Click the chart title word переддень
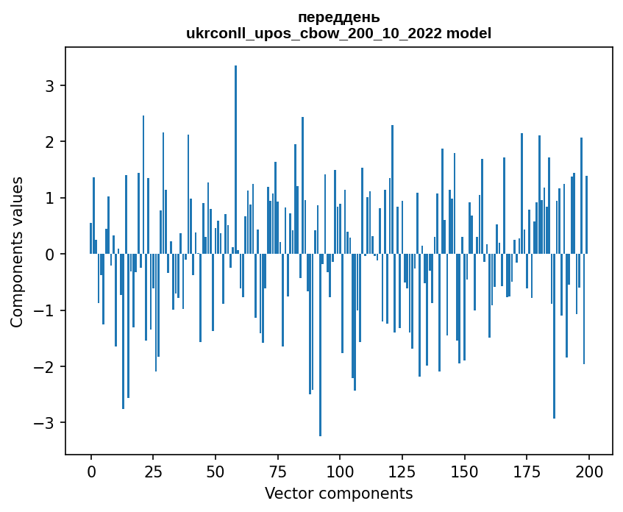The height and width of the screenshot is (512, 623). (x=338, y=17)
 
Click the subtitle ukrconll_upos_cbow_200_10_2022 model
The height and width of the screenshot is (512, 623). (x=338, y=33)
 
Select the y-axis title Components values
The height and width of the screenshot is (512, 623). (x=16, y=252)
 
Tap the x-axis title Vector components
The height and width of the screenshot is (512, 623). (x=338, y=493)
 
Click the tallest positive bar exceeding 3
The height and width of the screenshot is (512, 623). (x=235, y=147)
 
